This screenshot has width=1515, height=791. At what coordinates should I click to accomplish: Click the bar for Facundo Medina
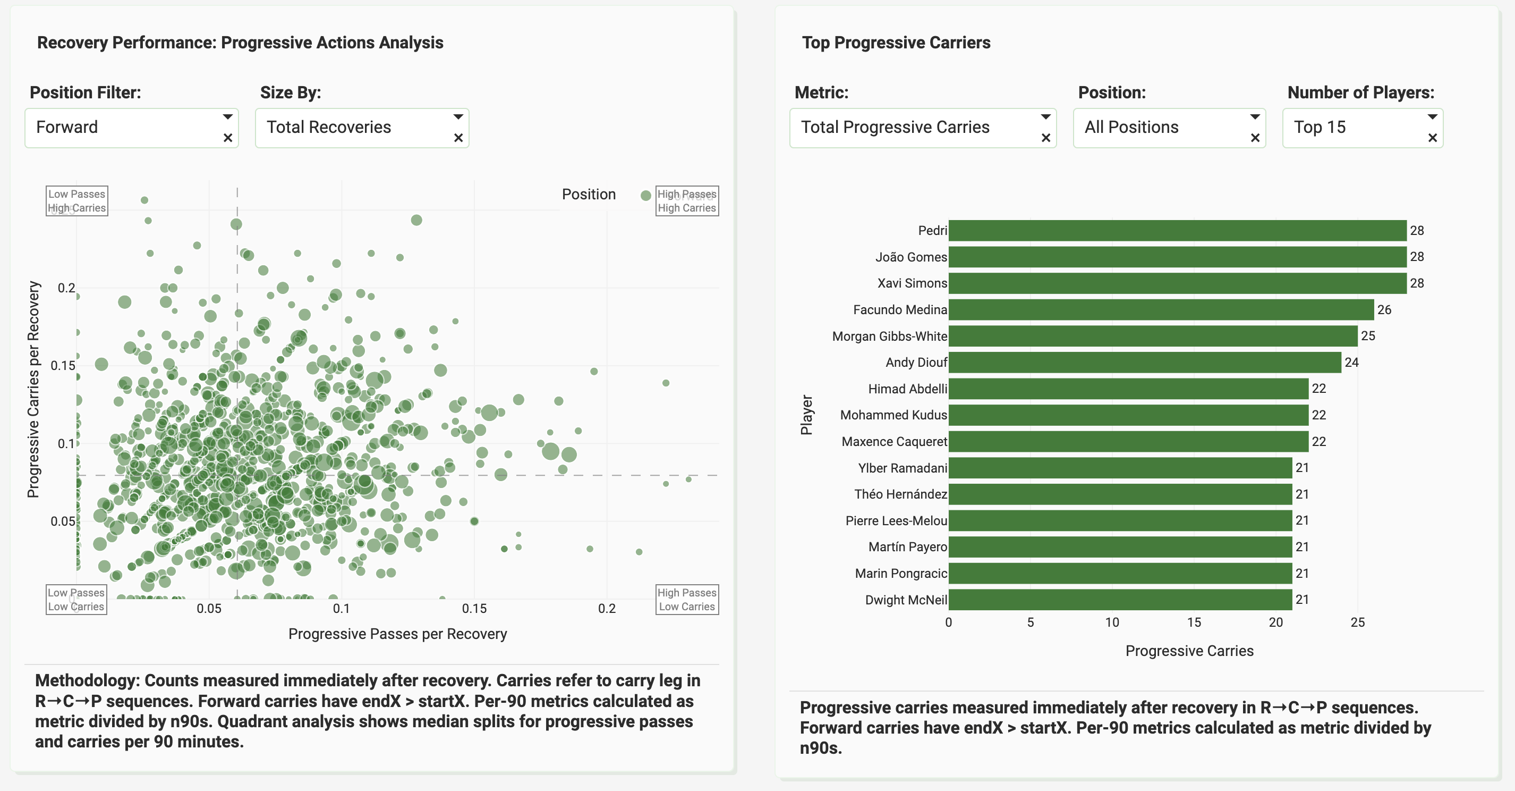point(1161,309)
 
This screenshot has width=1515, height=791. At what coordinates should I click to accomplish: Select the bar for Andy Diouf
point(1144,363)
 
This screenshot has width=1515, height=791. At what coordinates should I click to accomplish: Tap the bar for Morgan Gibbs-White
point(1153,336)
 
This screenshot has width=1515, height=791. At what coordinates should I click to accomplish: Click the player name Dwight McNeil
point(906,600)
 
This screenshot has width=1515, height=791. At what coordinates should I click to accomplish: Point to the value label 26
point(1384,309)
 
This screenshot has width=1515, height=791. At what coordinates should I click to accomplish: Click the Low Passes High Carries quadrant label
point(76,201)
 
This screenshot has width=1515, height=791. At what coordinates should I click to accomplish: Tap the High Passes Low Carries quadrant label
point(686,599)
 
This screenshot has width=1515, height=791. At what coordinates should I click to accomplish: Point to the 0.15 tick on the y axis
point(63,366)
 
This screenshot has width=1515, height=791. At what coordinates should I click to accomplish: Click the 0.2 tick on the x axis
point(606,609)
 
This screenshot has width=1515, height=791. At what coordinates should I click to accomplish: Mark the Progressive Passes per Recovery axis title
point(397,634)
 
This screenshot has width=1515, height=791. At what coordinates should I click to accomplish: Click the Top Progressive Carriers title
point(896,43)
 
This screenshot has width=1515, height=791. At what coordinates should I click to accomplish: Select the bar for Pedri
point(1177,231)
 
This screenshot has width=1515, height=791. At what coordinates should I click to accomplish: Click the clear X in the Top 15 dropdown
point(1432,138)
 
